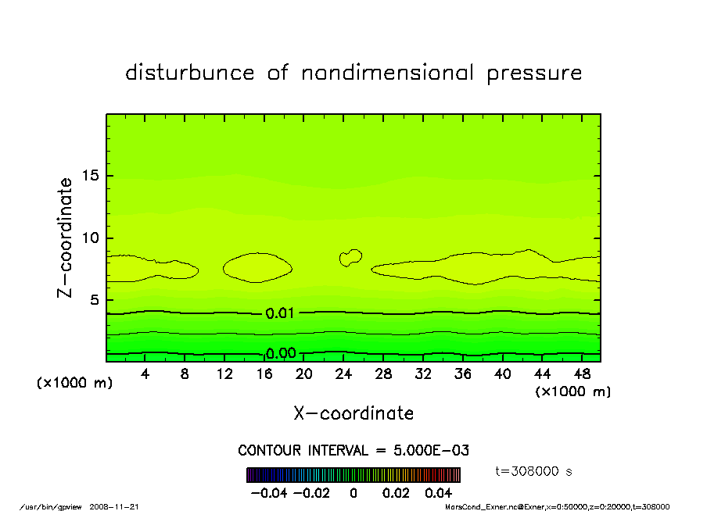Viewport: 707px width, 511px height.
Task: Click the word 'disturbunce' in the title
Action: point(190,73)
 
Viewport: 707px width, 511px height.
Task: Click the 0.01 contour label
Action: point(280,313)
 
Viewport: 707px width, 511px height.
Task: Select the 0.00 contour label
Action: point(280,353)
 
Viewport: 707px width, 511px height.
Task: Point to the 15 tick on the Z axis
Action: point(91,176)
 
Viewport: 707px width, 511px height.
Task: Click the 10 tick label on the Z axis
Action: point(91,238)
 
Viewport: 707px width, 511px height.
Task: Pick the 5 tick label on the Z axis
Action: point(95,300)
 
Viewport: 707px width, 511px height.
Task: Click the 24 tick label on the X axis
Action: point(343,374)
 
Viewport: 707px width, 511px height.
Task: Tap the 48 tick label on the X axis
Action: point(583,374)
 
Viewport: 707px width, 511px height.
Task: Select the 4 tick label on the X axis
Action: point(145,374)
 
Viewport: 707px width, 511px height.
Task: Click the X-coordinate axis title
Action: point(353,413)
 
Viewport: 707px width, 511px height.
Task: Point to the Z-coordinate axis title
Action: point(66,238)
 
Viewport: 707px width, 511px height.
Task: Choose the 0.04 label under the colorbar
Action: point(438,493)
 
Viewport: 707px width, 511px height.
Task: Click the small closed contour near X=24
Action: point(350,257)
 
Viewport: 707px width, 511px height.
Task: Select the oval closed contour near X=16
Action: point(257,267)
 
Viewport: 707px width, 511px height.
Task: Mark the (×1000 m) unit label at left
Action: point(69,384)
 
